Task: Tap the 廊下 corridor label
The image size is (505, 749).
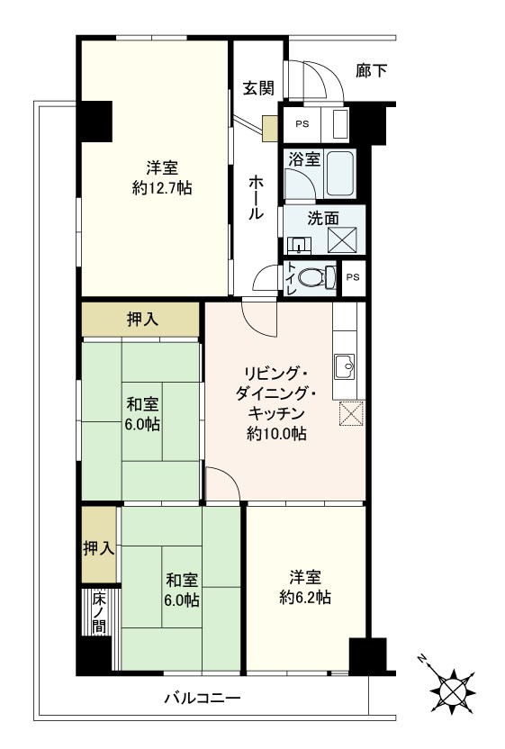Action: pos(371,70)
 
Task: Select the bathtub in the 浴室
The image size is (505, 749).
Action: pos(339,174)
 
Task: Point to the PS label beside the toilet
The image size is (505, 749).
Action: pos(353,277)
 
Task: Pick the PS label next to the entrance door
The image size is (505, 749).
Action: pos(301,125)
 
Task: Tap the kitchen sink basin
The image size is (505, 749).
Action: pos(345,366)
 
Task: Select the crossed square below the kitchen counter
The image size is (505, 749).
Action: pos(349,413)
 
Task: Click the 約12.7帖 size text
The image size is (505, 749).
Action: pos(162,188)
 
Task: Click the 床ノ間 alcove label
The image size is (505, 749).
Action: pos(96,612)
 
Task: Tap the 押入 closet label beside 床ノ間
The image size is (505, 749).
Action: pos(98,548)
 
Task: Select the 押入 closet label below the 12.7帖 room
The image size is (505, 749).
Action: pos(140,319)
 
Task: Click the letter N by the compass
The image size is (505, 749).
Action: pos(421,661)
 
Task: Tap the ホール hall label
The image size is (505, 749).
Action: pos(256,197)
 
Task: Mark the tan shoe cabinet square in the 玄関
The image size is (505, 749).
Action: pos(270,130)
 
